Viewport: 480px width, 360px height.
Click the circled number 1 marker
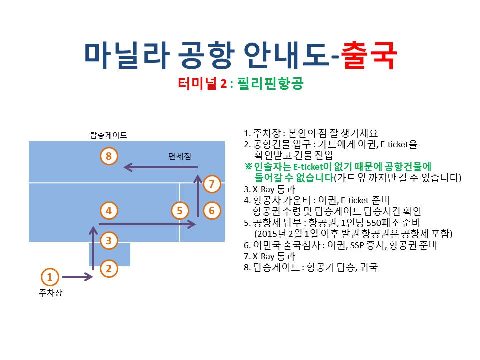pos(50,277)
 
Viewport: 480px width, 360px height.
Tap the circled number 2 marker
pos(109,269)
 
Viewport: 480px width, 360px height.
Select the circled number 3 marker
pos(109,240)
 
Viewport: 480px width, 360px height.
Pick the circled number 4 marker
pos(109,210)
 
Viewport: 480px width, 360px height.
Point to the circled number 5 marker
pos(180,210)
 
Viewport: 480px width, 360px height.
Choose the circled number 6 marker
pos(212,210)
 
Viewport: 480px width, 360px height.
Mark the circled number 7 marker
pos(212,184)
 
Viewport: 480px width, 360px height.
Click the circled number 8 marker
pos(109,156)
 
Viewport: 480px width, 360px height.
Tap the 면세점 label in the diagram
pos(180,156)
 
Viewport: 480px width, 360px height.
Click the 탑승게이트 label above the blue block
pos(108,135)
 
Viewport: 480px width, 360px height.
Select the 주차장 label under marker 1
pos(51,293)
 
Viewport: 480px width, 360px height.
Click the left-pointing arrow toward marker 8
pos(161,167)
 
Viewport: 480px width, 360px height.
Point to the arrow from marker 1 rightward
pos(77,277)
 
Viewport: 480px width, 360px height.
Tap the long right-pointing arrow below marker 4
pos(147,224)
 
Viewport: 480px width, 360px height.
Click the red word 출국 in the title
pos(369,55)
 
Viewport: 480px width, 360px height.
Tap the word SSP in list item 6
pos(357,245)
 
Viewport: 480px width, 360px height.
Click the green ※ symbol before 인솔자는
pos(248,167)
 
